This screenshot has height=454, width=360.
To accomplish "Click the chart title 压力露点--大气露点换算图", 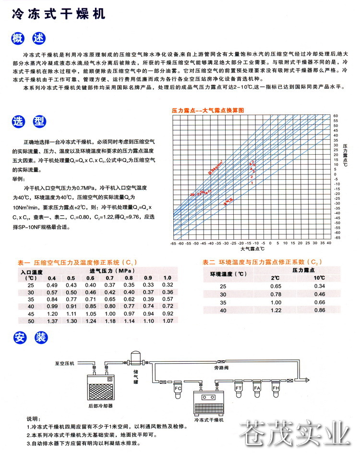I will coord(208,110).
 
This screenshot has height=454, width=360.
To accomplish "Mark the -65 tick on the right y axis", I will coord(337,237).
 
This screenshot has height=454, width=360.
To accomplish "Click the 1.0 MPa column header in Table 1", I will coord(168,278).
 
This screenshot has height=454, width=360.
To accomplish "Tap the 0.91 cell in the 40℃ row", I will coord(71,306).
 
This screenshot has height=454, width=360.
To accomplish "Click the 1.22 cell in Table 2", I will coord(276,311).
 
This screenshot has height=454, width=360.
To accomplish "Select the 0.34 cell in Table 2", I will coord(320,286).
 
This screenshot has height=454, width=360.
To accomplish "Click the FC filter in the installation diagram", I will coord(178,387).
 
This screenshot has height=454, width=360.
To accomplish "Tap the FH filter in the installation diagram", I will coord(276,387).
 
